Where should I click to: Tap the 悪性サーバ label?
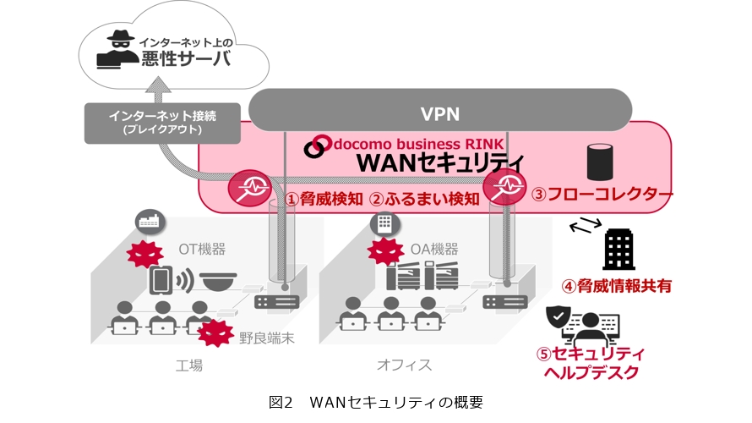pyautogui.click(x=183, y=60)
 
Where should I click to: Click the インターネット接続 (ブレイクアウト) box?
pyautogui.click(x=161, y=124)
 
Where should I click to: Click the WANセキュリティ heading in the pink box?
pyautogui.click(x=440, y=162)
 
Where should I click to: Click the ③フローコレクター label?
pyautogui.click(x=602, y=195)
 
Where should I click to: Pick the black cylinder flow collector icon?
pyautogui.click(x=599, y=160)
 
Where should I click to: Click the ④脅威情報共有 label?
pyautogui.click(x=618, y=285)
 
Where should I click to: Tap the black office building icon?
pyautogui.click(x=619, y=249)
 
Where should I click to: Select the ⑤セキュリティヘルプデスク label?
pyautogui.click(x=591, y=362)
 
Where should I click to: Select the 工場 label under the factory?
pyautogui.click(x=188, y=365)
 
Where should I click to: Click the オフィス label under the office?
pyautogui.click(x=404, y=365)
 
